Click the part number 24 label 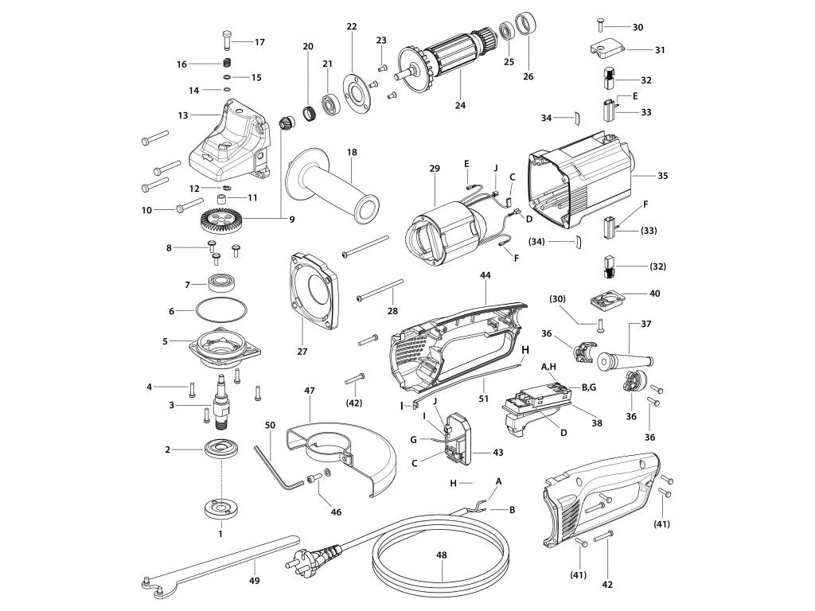click(460, 105)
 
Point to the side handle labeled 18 click(330, 190)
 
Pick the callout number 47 click(310, 391)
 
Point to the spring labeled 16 click(226, 64)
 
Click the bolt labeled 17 click(227, 37)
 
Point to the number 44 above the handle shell click(485, 274)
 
